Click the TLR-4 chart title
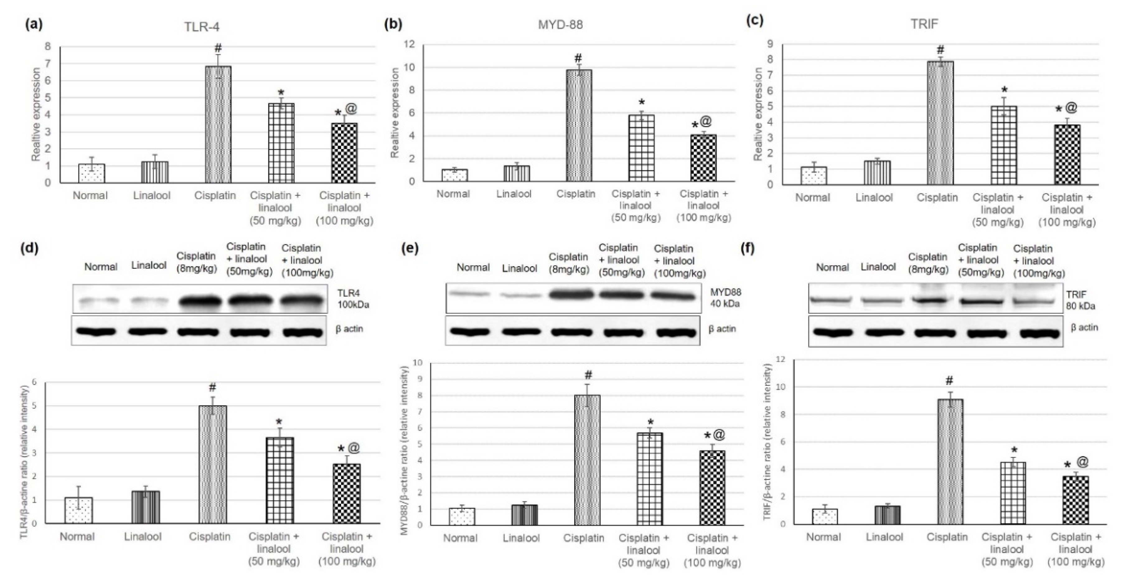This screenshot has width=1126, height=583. click(201, 27)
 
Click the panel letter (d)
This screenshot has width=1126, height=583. click(30, 248)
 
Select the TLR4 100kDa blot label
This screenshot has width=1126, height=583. click(353, 299)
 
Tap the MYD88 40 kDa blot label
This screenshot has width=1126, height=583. click(725, 298)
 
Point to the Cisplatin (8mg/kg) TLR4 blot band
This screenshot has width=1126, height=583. click(199, 301)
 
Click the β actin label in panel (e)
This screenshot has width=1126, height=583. click(722, 329)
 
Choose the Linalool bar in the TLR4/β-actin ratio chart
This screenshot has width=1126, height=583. click(146, 507)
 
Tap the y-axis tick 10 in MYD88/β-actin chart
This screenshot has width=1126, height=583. click(418, 363)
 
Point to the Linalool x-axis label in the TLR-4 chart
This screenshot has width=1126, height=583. click(152, 196)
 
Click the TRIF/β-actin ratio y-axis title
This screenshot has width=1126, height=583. click(767, 441)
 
